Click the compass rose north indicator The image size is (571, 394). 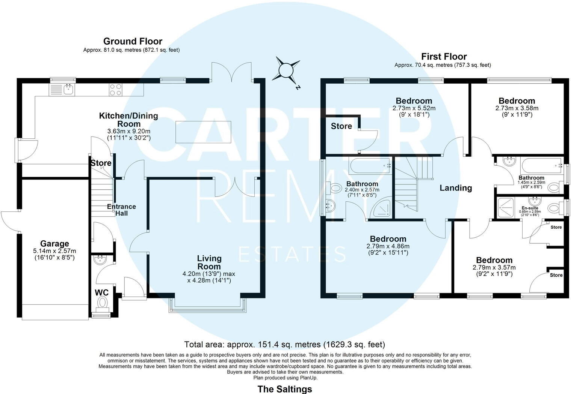(x=286, y=70)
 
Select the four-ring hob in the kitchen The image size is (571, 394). (x=116, y=89)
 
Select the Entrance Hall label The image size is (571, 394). (x=121, y=210)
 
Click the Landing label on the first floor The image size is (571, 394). (x=456, y=188)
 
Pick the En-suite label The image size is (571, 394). (x=530, y=208)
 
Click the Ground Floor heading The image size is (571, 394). (x=133, y=41)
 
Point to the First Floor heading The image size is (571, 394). (x=444, y=57)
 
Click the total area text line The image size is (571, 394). (x=284, y=344)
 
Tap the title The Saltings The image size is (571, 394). (x=284, y=389)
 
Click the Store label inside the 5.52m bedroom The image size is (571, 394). (x=341, y=126)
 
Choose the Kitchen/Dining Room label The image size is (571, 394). (x=128, y=120)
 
